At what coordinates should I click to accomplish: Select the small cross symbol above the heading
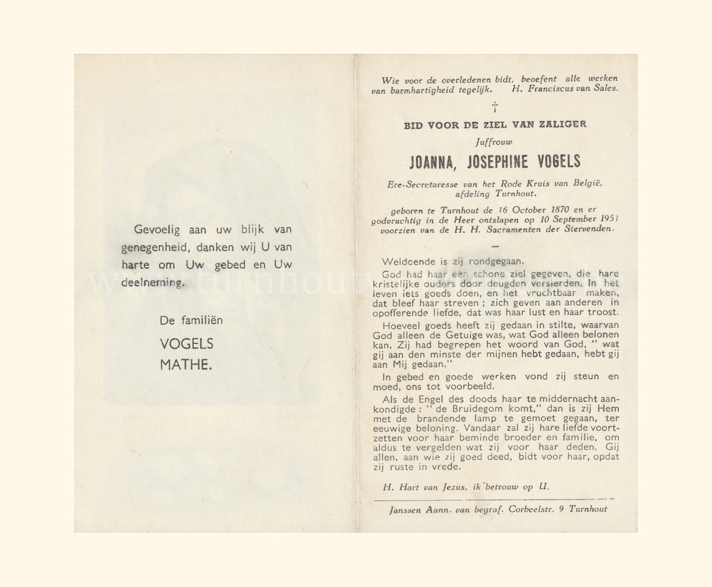click(x=495, y=107)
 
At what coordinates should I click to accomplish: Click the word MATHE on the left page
click(x=186, y=365)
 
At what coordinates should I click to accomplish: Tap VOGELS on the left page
click(x=187, y=344)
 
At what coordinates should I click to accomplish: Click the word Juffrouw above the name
click(x=494, y=141)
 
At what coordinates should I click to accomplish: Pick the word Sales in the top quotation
click(x=604, y=89)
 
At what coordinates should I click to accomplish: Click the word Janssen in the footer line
click(x=406, y=510)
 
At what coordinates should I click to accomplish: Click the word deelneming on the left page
click(x=152, y=282)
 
